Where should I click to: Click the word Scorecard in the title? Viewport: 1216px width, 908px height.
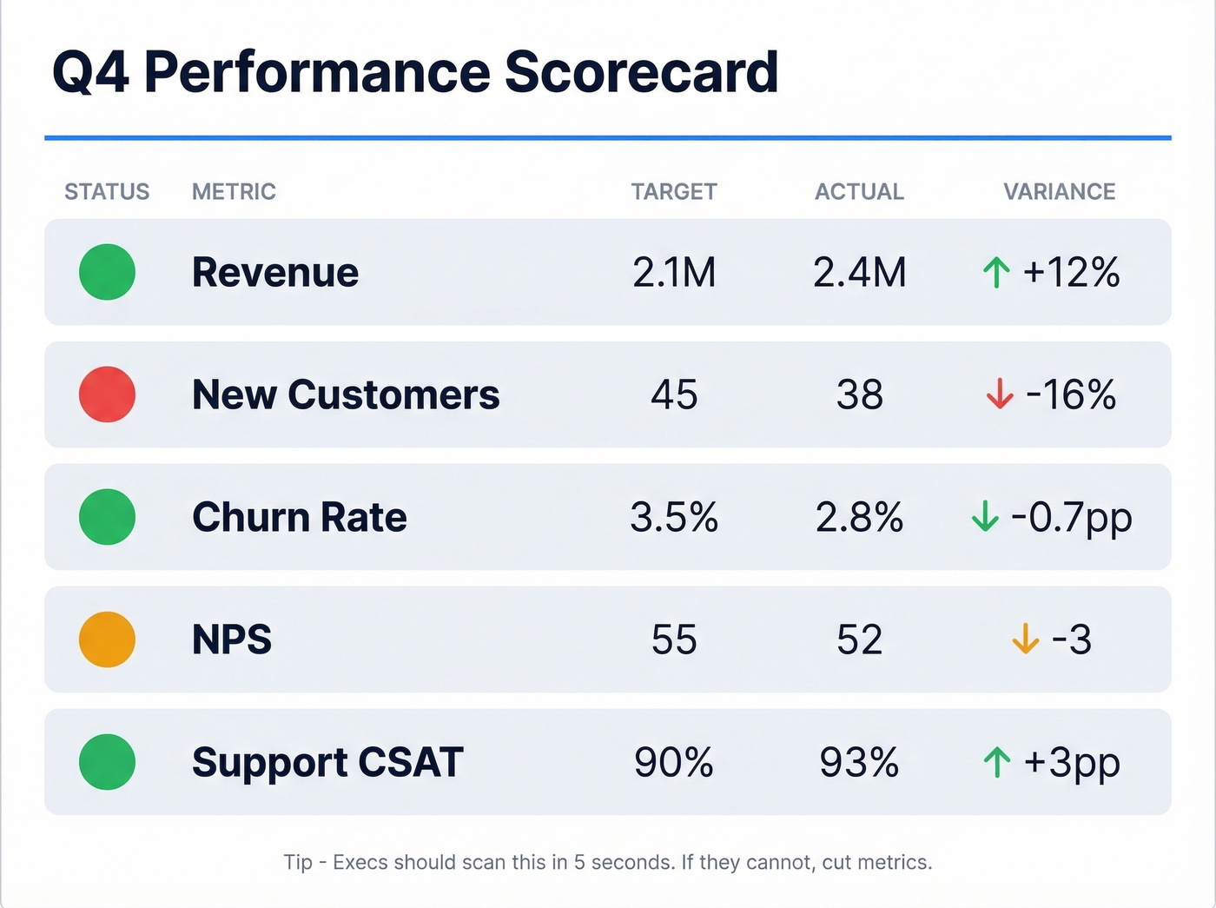(640, 71)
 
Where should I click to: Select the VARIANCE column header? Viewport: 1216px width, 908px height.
(1059, 191)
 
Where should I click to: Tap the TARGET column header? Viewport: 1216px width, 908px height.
(673, 191)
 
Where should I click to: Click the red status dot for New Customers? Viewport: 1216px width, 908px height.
(107, 394)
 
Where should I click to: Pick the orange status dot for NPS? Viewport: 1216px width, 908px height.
(107, 640)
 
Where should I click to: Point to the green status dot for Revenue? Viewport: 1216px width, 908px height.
(107, 272)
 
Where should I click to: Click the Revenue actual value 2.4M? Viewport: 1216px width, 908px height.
(859, 273)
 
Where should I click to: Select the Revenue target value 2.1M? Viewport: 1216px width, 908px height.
(673, 273)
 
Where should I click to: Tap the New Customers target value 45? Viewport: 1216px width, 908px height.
(673, 395)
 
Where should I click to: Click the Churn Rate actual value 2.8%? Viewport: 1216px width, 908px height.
(859, 518)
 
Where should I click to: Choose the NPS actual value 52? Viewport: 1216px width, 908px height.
(859, 640)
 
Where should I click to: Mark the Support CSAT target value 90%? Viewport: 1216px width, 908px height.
(673, 763)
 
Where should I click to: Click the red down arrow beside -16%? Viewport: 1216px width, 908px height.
(999, 394)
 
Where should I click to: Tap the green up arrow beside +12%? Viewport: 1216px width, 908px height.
(996, 273)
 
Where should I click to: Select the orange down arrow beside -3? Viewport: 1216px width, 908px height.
(1025, 640)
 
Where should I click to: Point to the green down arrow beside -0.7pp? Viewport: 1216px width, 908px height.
(984, 516)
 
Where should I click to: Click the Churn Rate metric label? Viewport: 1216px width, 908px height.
(299, 518)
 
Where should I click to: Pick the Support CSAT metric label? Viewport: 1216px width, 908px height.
(327, 763)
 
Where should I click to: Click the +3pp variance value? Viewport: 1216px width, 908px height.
(1072, 763)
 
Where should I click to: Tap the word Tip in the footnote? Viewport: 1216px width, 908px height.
(297, 862)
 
